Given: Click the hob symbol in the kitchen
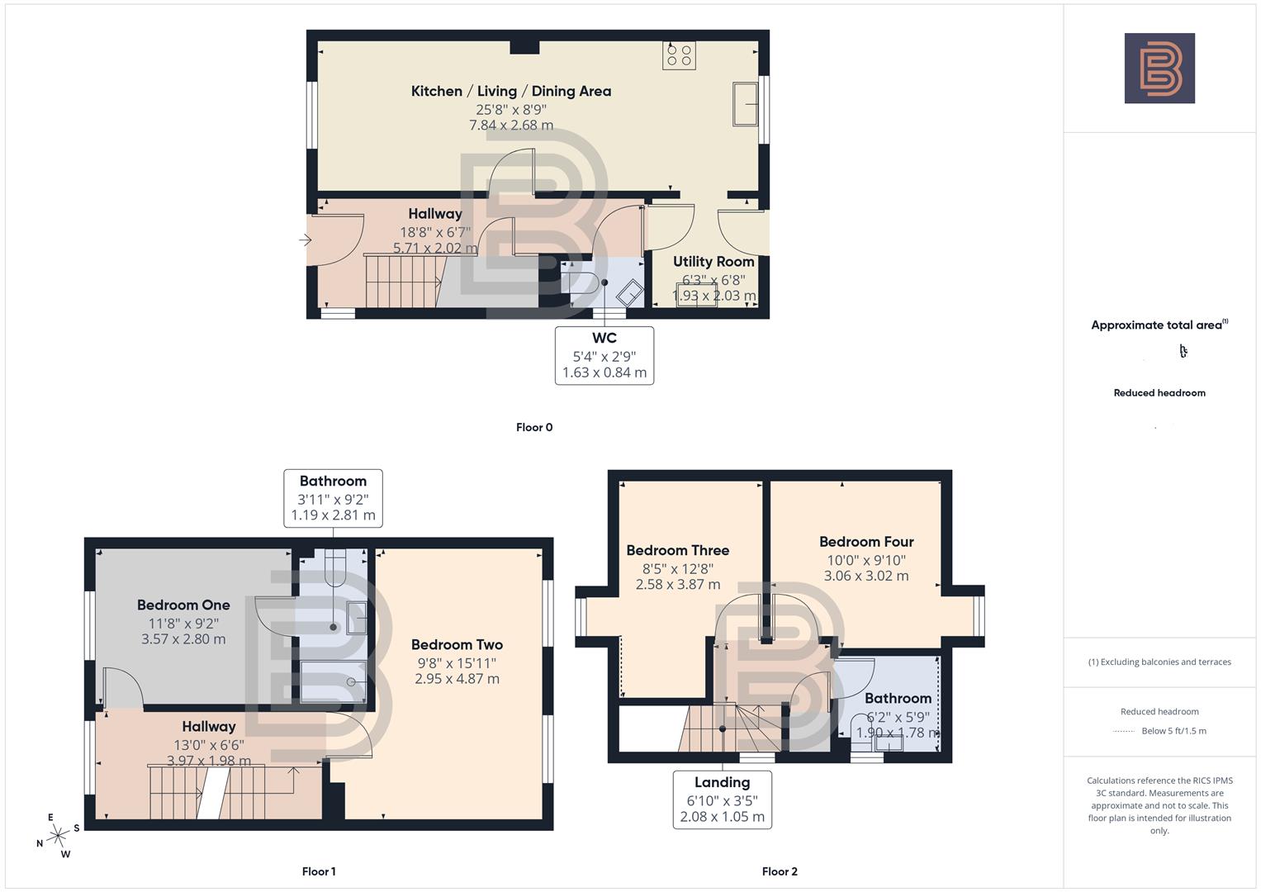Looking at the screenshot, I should pyautogui.click(x=680, y=55).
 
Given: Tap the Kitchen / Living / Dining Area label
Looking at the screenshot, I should pyautogui.click(x=511, y=91).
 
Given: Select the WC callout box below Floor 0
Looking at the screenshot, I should pyautogui.click(x=604, y=355).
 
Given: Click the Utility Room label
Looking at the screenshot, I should pyautogui.click(x=713, y=261).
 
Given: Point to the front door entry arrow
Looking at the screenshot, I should pyautogui.click(x=306, y=240).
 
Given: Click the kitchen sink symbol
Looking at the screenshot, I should pyautogui.click(x=745, y=104).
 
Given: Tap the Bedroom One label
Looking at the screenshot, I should pyautogui.click(x=183, y=605).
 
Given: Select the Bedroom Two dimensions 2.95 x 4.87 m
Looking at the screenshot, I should pyautogui.click(x=457, y=679).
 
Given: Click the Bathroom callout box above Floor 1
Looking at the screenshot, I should pyautogui.click(x=333, y=498).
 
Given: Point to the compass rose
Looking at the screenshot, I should pyautogui.click(x=58, y=836).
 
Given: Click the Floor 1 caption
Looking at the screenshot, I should pyautogui.click(x=319, y=871).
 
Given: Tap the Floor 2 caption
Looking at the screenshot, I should pyautogui.click(x=780, y=871).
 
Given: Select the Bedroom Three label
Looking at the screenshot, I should pyautogui.click(x=677, y=550).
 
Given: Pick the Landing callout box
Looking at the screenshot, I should pyautogui.click(x=722, y=799).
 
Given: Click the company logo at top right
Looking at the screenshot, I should pyautogui.click(x=1159, y=69).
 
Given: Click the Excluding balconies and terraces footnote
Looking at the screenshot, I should pyautogui.click(x=1159, y=662).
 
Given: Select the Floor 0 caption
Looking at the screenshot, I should pyautogui.click(x=534, y=427).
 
